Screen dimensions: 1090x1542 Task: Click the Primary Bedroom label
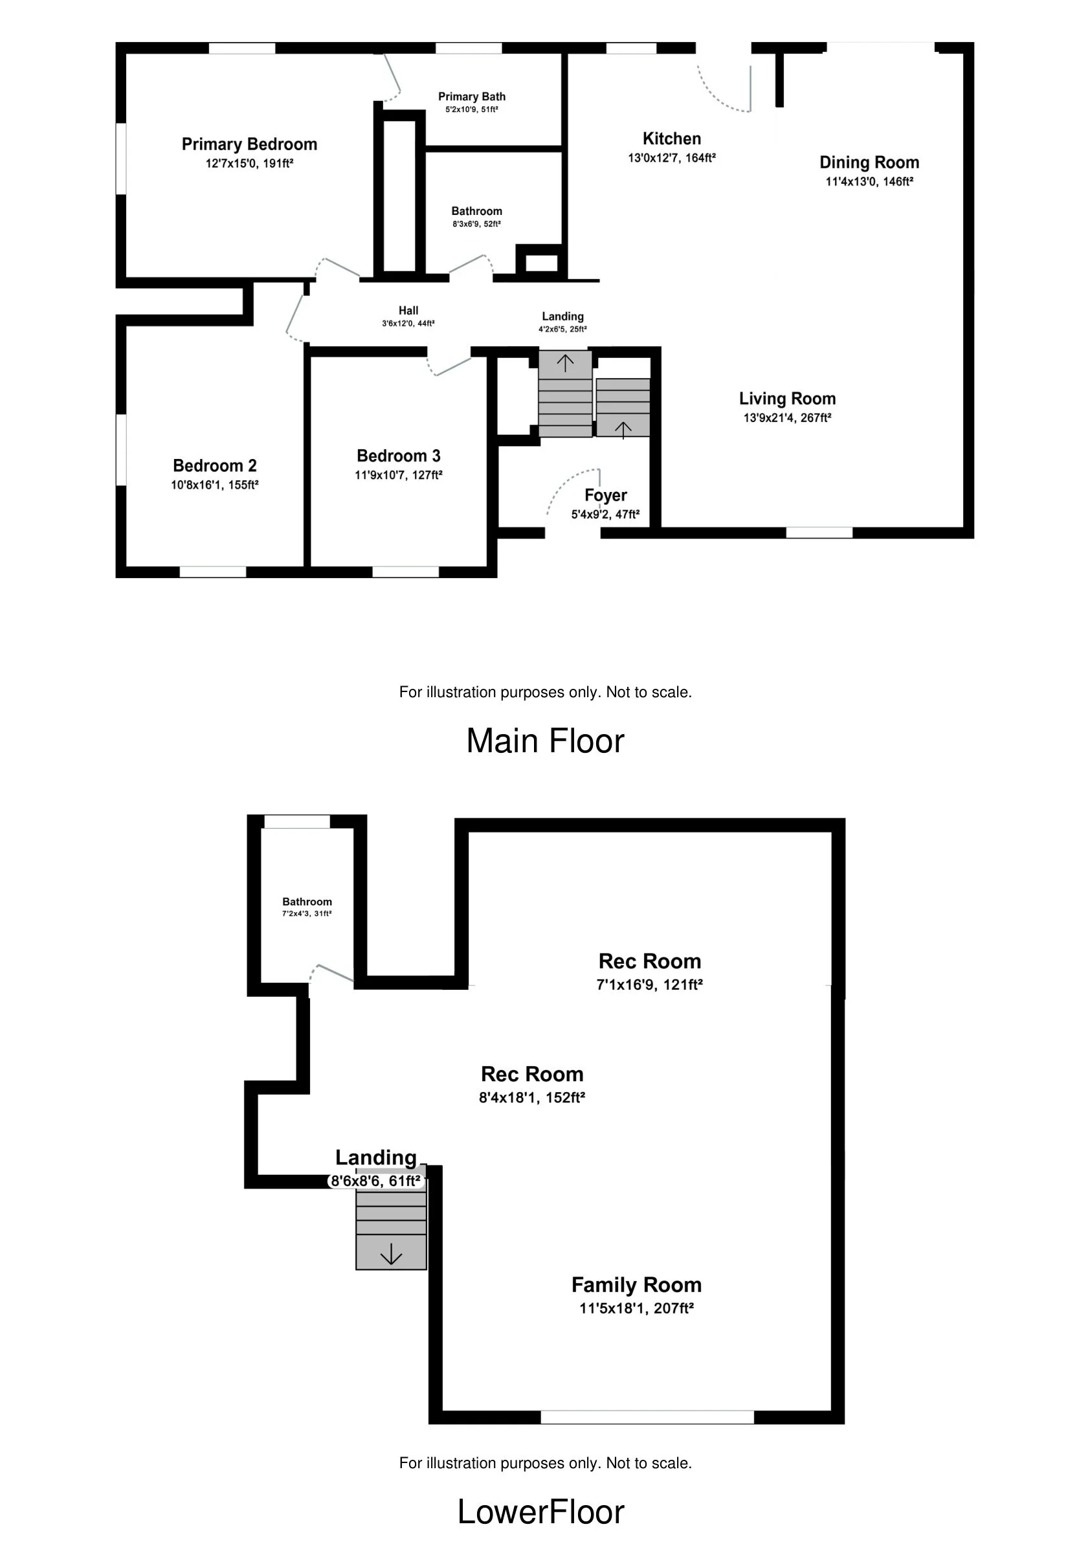coord(249,144)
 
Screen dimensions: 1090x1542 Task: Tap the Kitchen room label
coord(672,139)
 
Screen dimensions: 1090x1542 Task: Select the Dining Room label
coord(869,162)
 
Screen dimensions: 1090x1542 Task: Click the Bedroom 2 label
coord(215,465)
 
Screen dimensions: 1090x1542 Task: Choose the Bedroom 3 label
coord(398,456)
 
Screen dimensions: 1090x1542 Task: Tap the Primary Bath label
coord(471,96)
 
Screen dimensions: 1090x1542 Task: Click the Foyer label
coord(605,496)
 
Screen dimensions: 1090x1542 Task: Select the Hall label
coord(408,310)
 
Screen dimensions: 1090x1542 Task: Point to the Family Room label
coord(636,1285)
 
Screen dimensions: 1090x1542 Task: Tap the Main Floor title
coord(546,741)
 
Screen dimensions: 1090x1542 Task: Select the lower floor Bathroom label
coord(307,902)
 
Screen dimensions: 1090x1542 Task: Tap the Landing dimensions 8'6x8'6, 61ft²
coord(375,1181)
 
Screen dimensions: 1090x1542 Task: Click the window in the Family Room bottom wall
coord(647,1417)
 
